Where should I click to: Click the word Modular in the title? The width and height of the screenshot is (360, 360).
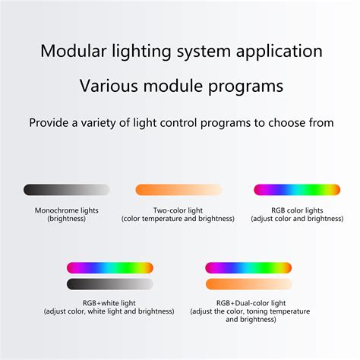[x=74, y=51]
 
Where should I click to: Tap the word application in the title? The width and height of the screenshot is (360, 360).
[x=279, y=52]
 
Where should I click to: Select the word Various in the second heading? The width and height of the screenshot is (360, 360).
[x=109, y=86]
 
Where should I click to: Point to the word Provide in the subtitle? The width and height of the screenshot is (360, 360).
[x=49, y=123]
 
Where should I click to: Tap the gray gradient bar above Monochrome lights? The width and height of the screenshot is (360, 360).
[x=67, y=190]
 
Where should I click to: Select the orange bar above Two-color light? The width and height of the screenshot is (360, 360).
[x=178, y=190]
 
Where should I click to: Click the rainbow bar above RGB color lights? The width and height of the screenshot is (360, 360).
[x=297, y=190]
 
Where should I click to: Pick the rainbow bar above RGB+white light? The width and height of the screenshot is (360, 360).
[x=110, y=268]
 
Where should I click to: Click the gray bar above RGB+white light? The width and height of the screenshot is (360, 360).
[x=110, y=284]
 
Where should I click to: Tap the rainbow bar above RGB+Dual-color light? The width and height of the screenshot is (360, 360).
[x=248, y=268]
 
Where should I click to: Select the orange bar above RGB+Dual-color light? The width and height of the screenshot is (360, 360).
[x=249, y=284]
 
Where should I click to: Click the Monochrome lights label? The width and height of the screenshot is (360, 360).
[x=67, y=210]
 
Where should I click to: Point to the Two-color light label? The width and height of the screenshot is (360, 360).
[x=178, y=210]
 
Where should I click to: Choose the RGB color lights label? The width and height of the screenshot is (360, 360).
[x=297, y=210]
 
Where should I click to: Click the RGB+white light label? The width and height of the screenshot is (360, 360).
[x=109, y=303]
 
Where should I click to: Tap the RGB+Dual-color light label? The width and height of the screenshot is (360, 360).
[x=251, y=303]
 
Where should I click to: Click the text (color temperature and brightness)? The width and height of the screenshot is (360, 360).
[x=178, y=219]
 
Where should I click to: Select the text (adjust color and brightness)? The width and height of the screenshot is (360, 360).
[x=297, y=219]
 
